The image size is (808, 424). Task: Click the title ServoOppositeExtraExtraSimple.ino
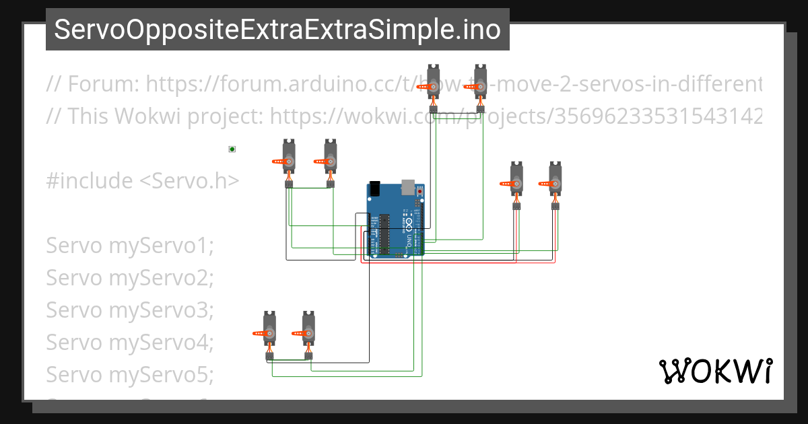pyautogui.click(x=277, y=30)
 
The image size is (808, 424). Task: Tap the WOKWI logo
pyautogui.click(x=715, y=371)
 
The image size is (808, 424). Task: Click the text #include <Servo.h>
pyautogui.click(x=143, y=180)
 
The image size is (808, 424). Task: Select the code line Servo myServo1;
pyautogui.click(x=129, y=246)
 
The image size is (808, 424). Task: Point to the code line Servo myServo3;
pyautogui.click(x=129, y=310)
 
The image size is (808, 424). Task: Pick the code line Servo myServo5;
pyautogui.click(x=129, y=374)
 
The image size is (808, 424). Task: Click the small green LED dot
pyautogui.click(x=232, y=149)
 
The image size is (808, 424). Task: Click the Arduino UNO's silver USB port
pyautogui.click(x=408, y=186)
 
